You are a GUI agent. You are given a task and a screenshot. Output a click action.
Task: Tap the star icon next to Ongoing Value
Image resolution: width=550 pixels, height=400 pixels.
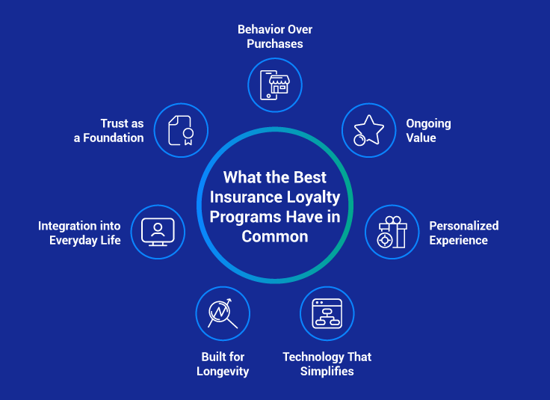[x=368, y=130]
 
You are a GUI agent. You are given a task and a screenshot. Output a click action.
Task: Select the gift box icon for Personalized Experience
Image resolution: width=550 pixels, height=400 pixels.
[x=392, y=232]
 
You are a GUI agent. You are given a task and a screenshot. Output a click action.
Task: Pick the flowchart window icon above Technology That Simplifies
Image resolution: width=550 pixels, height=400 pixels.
[x=327, y=313]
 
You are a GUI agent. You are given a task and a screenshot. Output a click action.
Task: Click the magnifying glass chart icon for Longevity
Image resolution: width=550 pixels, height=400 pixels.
[x=223, y=313]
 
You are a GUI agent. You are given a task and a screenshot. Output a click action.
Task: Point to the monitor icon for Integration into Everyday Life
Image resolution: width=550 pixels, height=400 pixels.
[x=158, y=232]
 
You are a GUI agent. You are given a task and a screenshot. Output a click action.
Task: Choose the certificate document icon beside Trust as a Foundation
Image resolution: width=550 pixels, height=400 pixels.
[x=181, y=130]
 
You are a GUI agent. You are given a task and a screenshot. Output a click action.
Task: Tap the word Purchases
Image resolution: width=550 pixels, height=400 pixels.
[x=275, y=44]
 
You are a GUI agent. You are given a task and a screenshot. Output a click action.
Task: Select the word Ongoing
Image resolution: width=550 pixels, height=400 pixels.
[x=428, y=123]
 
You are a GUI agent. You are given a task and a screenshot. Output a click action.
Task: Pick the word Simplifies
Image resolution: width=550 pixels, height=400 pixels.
[x=327, y=372]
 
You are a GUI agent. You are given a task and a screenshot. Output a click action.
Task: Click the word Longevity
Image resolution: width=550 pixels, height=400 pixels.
[x=223, y=372]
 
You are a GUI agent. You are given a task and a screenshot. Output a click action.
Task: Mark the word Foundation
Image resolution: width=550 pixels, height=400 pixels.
[x=114, y=138]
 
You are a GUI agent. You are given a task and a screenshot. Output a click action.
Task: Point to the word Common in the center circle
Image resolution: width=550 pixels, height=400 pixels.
[x=275, y=236]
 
